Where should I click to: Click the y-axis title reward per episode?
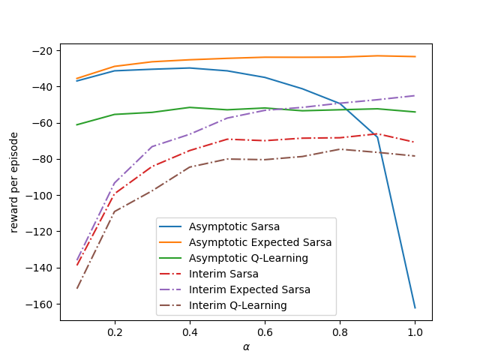click(x=14, y=182)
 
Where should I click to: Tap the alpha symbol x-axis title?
click(x=246, y=346)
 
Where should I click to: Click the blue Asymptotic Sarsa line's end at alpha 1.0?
click(x=415, y=307)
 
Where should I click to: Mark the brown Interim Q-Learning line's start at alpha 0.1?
click(x=77, y=288)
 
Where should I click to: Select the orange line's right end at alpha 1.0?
click(x=415, y=57)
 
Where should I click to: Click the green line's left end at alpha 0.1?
click(x=77, y=124)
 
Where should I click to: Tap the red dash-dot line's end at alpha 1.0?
click(x=415, y=142)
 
